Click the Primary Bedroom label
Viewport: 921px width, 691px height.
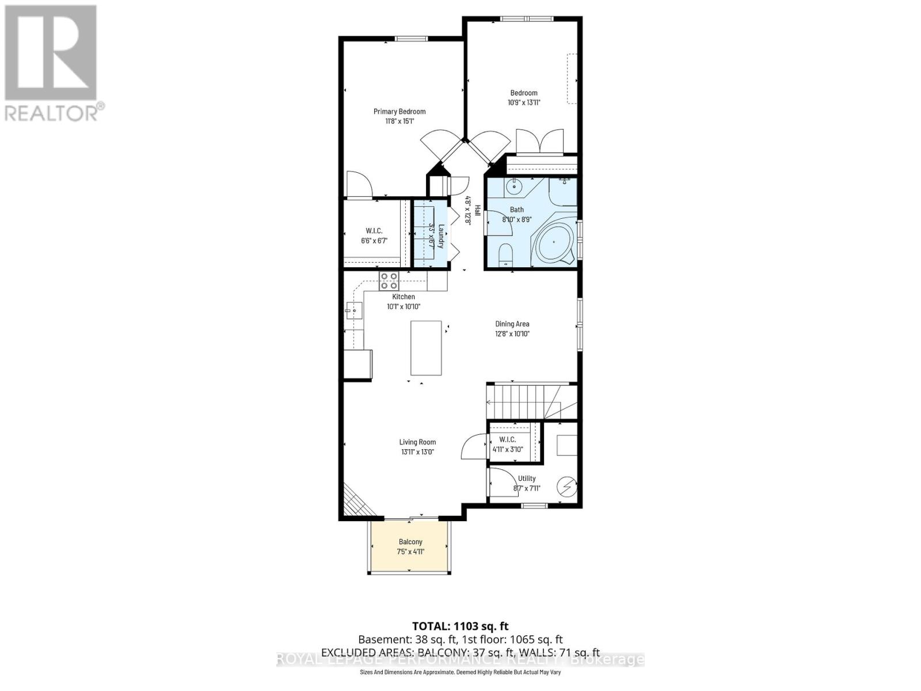[x=399, y=112]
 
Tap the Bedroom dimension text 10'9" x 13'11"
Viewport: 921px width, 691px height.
[x=524, y=102]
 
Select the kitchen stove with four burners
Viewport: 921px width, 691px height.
[x=389, y=280]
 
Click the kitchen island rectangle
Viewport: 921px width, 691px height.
[x=426, y=348]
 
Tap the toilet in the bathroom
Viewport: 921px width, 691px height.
[x=505, y=253]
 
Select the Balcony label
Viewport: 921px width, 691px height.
[x=410, y=542]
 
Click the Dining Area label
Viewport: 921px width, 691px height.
[x=512, y=324]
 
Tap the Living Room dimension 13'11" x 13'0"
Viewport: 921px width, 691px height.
[x=417, y=452]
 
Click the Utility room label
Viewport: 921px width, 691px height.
[x=527, y=479]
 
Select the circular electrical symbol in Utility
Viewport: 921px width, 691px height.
[x=566, y=487]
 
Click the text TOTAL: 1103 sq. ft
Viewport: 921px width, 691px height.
[x=461, y=626]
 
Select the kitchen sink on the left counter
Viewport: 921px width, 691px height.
[x=353, y=311]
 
